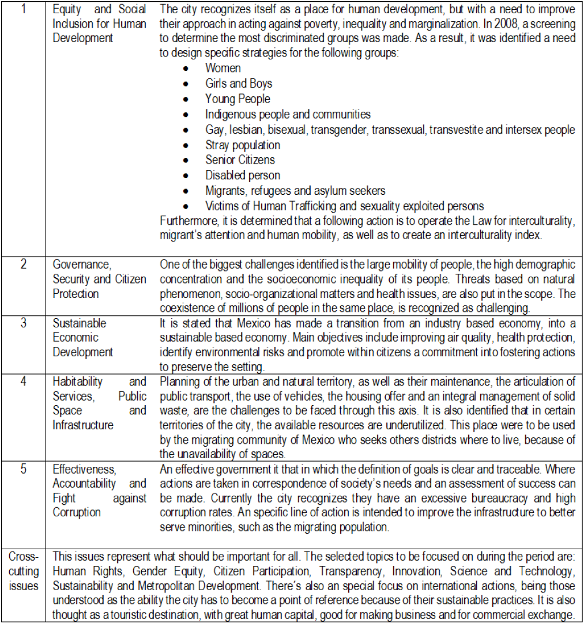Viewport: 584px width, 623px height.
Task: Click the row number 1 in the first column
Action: pyautogui.click(x=23, y=9)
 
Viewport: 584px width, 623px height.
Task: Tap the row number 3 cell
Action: pyautogui.click(x=23, y=323)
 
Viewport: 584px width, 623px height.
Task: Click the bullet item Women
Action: pyautogui.click(x=223, y=69)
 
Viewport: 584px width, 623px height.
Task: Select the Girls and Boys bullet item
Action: pyautogui.click(x=238, y=84)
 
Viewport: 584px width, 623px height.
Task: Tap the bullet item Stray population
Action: pyautogui.click(x=242, y=145)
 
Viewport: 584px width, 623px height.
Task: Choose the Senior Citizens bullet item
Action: pyautogui.click(x=240, y=160)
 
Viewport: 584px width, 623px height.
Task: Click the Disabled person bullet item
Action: pyautogui.click(x=242, y=175)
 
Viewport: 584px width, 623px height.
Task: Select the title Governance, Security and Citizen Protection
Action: pyautogui.click(x=99, y=279)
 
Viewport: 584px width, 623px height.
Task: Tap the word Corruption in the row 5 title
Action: pyautogui.click(x=76, y=512)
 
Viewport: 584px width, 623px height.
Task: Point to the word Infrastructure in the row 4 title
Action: pyautogui.click(x=83, y=425)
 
